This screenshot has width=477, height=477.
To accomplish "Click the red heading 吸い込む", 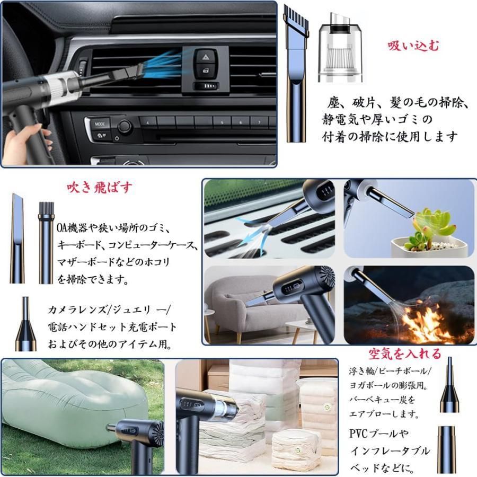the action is (413, 46).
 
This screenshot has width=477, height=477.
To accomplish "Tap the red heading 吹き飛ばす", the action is (100, 188).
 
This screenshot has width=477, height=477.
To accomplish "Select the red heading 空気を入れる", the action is (405, 354).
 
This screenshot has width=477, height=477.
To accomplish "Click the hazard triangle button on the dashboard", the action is (205, 57).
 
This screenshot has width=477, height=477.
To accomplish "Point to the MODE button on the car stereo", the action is (100, 124).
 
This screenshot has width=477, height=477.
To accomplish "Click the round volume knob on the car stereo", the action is (125, 126).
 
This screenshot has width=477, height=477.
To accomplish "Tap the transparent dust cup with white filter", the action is (340, 48).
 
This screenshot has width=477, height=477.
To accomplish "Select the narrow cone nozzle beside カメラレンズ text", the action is (26, 324).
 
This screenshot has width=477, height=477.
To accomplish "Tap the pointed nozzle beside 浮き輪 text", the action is (449, 385).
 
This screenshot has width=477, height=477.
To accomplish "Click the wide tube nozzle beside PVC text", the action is (447, 450).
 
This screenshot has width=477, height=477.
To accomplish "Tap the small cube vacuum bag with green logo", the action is (296, 450).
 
